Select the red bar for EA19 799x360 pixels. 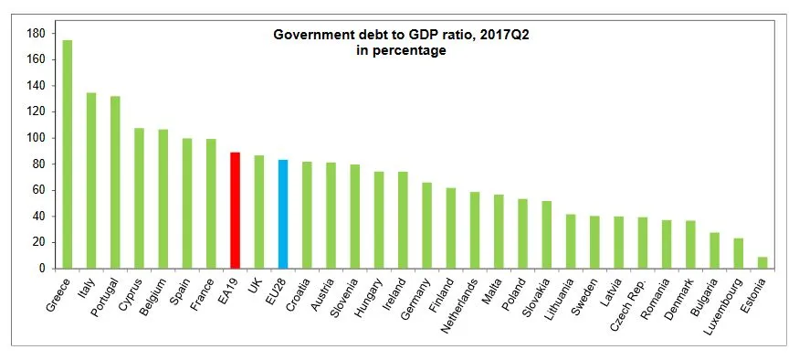(x=235, y=210)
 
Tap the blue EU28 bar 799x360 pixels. (x=282, y=214)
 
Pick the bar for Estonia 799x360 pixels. (x=762, y=263)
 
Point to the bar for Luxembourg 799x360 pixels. (x=739, y=254)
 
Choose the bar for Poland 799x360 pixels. (x=522, y=234)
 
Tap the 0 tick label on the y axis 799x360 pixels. (x=42, y=269)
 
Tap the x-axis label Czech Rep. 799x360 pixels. (x=629, y=302)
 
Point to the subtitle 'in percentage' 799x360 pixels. (x=401, y=51)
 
